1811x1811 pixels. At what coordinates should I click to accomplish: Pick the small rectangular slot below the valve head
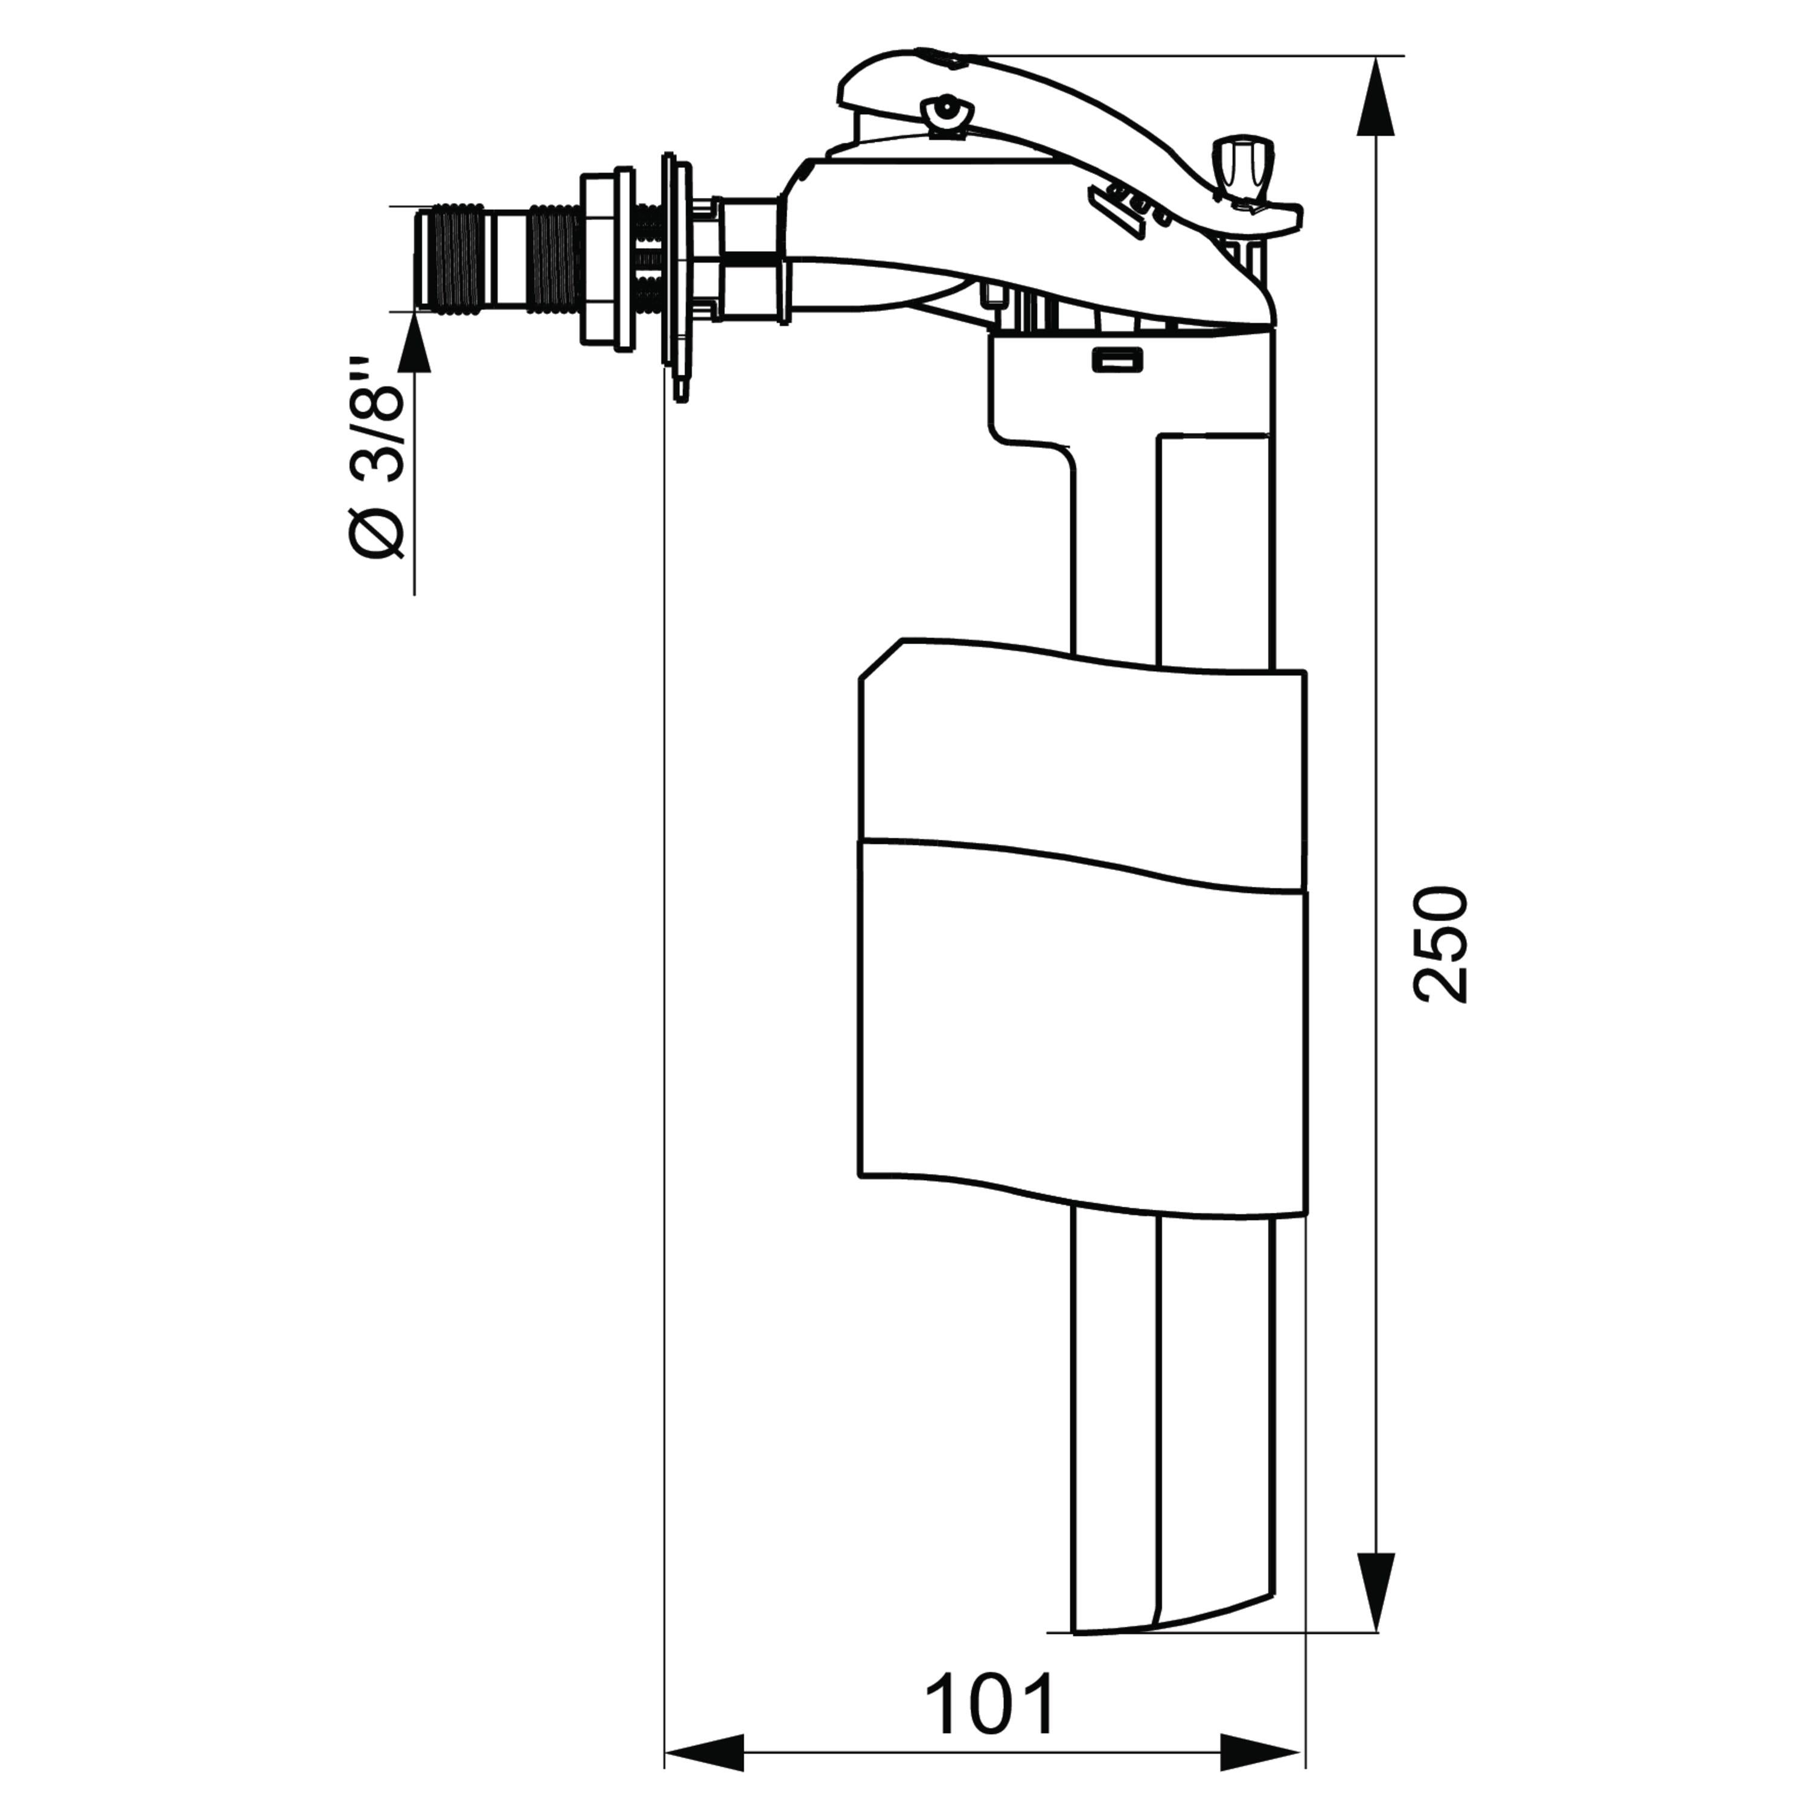1117,359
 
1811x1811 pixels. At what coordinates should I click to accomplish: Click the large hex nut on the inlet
605,261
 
